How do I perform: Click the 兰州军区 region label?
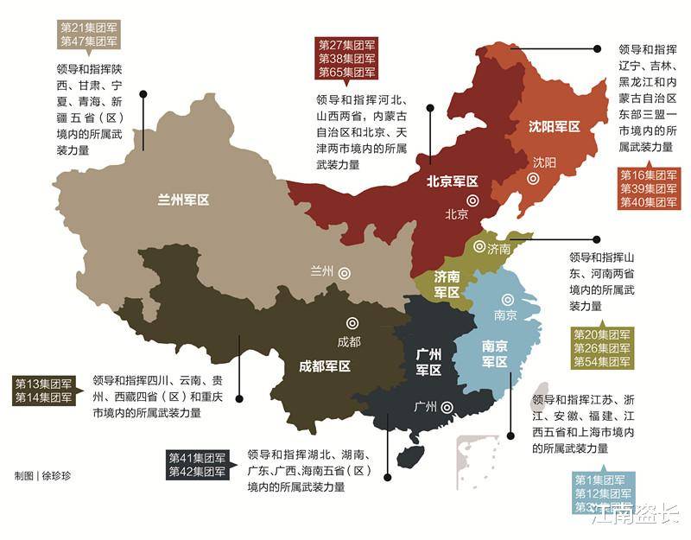click(183, 200)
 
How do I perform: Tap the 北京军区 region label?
click(452, 181)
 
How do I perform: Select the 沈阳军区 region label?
click(554, 126)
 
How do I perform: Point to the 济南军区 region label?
click(447, 285)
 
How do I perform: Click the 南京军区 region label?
click(499, 353)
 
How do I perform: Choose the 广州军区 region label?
click(428, 362)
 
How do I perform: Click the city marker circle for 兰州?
click(345, 271)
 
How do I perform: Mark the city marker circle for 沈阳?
click(533, 179)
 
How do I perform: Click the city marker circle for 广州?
click(447, 407)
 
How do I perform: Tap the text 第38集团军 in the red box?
click(346, 59)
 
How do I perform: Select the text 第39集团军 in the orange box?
click(649, 188)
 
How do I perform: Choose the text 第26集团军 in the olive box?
click(602, 347)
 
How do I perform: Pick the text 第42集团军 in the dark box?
click(198, 472)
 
